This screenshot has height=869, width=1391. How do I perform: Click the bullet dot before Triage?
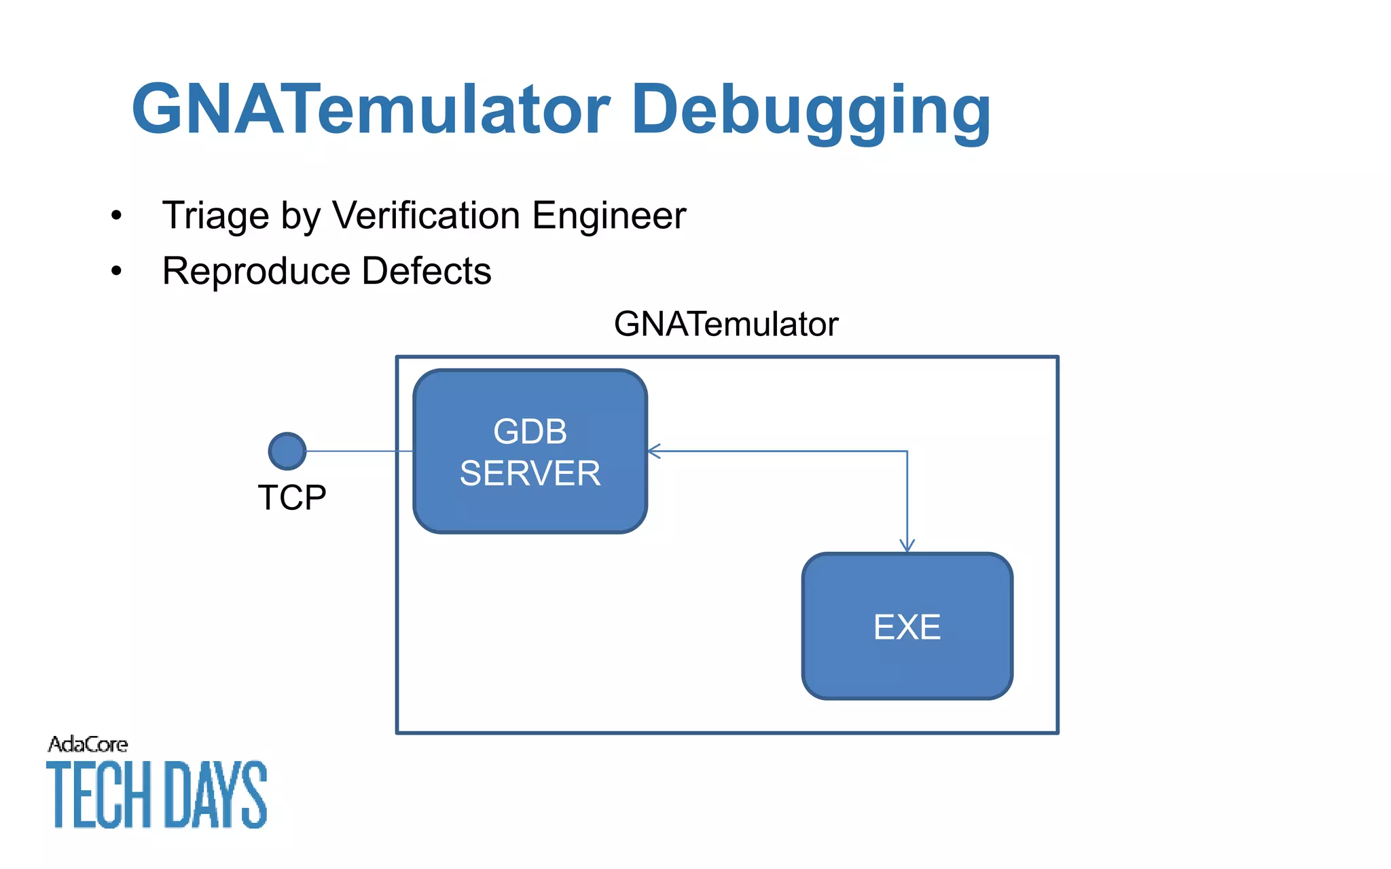coord(117,216)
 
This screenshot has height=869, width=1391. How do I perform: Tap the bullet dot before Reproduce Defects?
coord(117,272)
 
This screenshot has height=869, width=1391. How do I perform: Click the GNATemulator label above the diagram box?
coord(725,324)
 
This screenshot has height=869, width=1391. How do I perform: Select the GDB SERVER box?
coord(530,451)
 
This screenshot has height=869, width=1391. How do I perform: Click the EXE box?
coord(907,626)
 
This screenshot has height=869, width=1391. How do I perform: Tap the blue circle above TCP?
coord(287,451)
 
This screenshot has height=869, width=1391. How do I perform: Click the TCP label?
coord(292,498)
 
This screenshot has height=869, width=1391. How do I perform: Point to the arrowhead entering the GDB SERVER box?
coord(653,451)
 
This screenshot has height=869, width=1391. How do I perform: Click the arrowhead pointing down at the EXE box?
coord(907,546)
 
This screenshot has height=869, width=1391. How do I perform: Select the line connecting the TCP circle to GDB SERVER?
coord(360,451)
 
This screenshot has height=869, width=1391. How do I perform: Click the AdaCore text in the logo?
coord(88,745)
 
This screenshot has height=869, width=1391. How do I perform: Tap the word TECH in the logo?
coord(99,794)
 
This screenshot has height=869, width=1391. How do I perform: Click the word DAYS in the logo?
coord(216,794)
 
